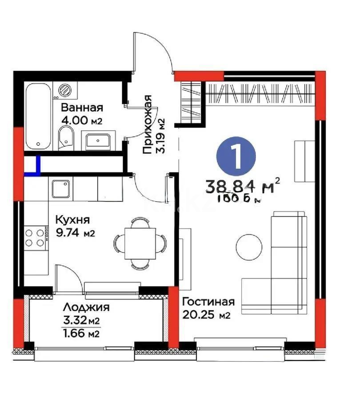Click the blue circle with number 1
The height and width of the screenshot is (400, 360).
click(x=236, y=155)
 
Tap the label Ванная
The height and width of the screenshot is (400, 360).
click(x=82, y=108)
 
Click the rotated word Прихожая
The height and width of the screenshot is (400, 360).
click(x=148, y=125)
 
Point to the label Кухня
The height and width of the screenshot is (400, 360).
click(x=72, y=220)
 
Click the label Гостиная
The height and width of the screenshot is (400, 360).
click(x=208, y=302)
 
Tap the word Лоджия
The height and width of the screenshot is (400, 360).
click(x=86, y=307)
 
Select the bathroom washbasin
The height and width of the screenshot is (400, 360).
click(x=98, y=141)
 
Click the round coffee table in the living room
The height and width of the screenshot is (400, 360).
click(x=249, y=248)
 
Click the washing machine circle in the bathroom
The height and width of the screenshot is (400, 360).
click(x=65, y=89)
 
